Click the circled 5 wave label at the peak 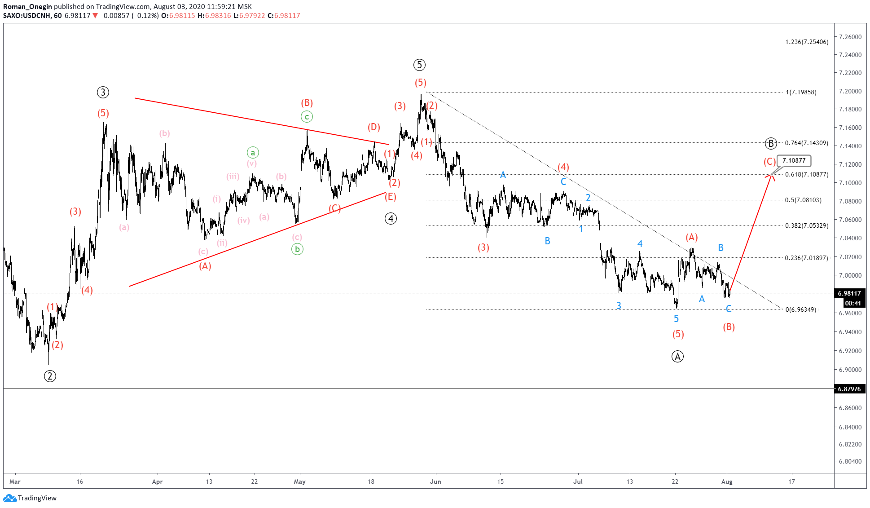click(x=419, y=65)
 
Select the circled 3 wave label click(x=103, y=93)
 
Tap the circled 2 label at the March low click(x=50, y=376)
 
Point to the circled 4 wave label click(x=391, y=219)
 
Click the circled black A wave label click(x=677, y=357)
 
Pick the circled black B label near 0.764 click(x=770, y=144)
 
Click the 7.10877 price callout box click(x=794, y=160)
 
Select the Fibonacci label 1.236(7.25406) click(x=807, y=42)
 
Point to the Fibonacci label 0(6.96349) click(x=800, y=309)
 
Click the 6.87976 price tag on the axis click(x=849, y=389)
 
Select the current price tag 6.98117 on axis click(x=849, y=293)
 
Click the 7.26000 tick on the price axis click(x=850, y=37)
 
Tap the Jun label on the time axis click(x=435, y=481)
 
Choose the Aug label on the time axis click(x=727, y=481)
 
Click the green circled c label click(x=307, y=117)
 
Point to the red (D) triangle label click(x=373, y=127)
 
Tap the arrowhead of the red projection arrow click(x=771, y=176)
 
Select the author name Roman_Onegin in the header click(x=27, y=7)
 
